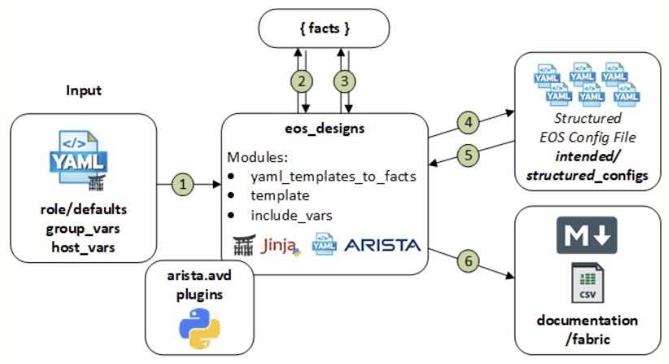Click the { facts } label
(323, 29)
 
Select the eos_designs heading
(323, 129)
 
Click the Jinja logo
(285, 244)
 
